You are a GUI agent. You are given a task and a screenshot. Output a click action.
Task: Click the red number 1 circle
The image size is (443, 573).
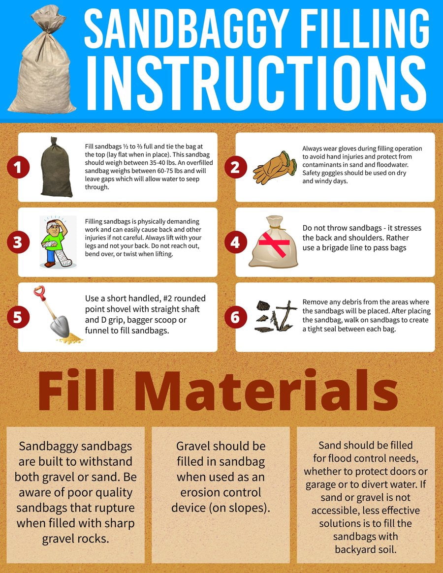click(x=18, y=167)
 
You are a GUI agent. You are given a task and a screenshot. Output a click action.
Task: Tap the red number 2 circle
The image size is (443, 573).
click(x=235, y=167)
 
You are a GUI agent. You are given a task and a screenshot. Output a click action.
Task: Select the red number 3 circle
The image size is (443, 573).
click(x=18, y=242)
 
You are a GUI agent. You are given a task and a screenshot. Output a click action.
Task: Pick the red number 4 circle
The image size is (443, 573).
click(x=235, y=242)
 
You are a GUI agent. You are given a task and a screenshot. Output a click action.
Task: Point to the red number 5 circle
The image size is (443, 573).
click(x=18, y=317)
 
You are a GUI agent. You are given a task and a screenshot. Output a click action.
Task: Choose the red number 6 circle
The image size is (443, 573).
click(x=235, y=317)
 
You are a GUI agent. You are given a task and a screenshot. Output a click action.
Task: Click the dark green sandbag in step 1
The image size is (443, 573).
click(x=56, y=167)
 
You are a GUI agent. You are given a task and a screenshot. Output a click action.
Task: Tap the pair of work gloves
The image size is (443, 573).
click(x=275, y=167)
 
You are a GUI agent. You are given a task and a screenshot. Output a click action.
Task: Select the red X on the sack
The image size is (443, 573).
click(x=274, y=243)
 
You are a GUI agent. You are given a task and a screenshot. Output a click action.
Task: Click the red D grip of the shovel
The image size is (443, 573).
click(x=39, y=292)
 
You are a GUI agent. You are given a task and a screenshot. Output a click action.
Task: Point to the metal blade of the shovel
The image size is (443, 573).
click(x=60, y=326)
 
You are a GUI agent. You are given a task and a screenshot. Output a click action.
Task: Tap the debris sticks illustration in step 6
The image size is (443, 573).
click(x=276, y=316)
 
